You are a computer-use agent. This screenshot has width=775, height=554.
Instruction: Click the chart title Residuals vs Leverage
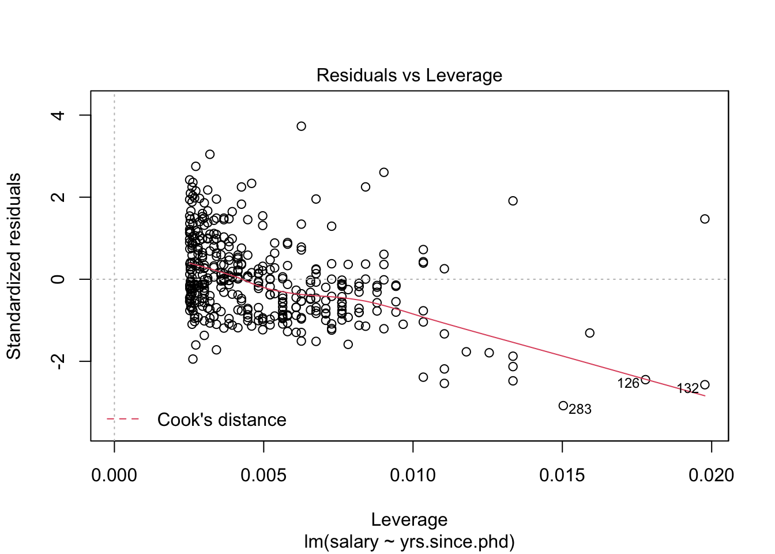click(409, 76)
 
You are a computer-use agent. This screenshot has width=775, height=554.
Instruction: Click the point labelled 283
click(563, 406)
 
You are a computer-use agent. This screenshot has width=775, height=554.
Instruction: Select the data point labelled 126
click(645, 380)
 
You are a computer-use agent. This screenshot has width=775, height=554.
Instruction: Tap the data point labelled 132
click(705, 385)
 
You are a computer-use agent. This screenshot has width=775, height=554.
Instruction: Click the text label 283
click(580, 410)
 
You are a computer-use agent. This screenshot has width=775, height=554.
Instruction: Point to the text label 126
click(628, 384)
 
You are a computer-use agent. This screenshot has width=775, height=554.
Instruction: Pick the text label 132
click(687, 389)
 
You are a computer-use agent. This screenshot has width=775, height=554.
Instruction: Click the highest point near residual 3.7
click(301, 126)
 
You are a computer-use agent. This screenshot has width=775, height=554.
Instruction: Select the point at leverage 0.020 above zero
click(705, 219)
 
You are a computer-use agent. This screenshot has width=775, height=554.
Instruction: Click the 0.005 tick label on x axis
click(264, 476)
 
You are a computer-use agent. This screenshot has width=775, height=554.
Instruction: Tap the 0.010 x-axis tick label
click(413, 476)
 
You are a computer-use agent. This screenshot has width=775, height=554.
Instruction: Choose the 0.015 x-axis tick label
click(562, 476)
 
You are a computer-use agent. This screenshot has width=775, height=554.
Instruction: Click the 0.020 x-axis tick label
click(711, 476)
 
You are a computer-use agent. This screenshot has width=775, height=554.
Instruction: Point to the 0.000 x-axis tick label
click(115, 476)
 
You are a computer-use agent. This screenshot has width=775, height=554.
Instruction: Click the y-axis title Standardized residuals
click(14, 266)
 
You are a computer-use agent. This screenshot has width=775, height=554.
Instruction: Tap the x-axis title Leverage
click(409, 520)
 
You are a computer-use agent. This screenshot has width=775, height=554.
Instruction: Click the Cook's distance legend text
click(221, 420)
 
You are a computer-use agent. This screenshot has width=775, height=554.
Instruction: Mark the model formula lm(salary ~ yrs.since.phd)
click(409, 542)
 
